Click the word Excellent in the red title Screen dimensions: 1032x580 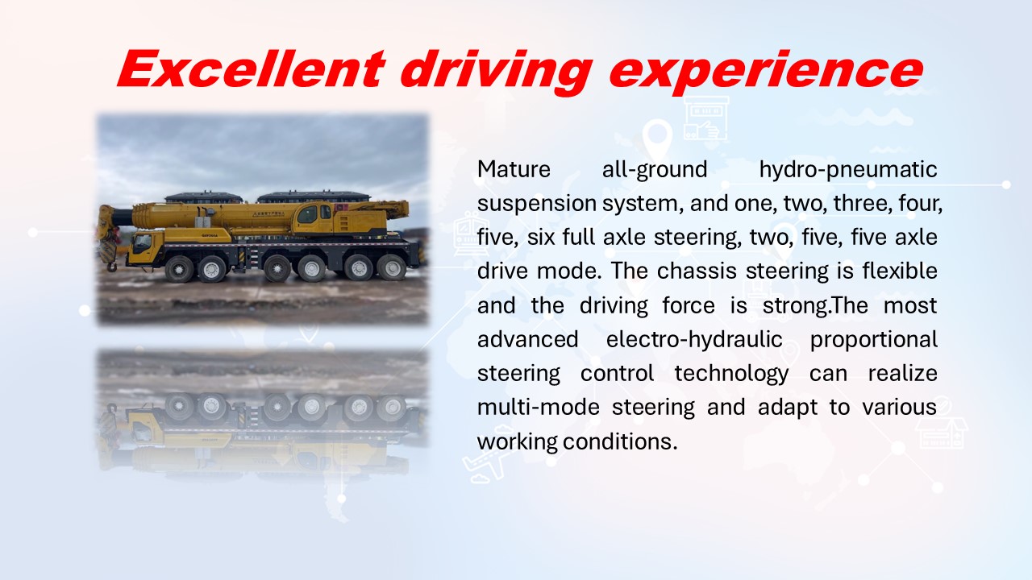pos(252,68)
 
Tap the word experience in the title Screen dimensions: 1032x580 pos(766,72)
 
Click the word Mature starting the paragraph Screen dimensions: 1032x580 pos(514,169)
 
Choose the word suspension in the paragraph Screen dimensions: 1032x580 pos(537,205)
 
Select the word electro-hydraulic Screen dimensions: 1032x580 pos(694,340)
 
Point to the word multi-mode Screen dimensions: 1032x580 pos(538,408)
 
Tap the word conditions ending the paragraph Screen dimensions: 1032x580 pos(620,441)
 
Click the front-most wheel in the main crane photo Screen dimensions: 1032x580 pos(179,269)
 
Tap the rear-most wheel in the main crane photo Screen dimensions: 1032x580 pos(391,268)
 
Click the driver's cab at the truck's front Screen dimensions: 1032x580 pos(145,248)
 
